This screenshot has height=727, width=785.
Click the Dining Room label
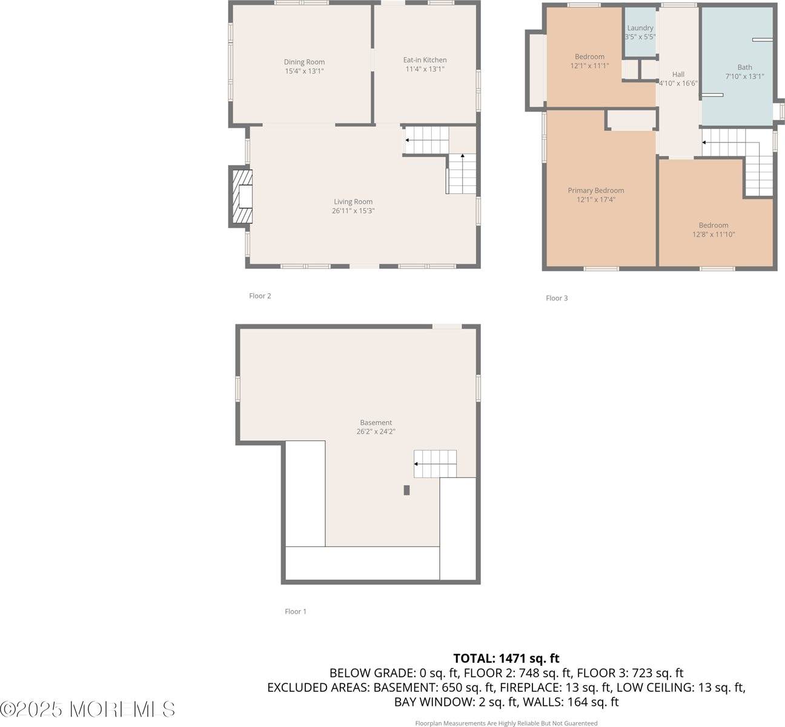(304, 62)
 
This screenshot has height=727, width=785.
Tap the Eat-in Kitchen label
(425, 60)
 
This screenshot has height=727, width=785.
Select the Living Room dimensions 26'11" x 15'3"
(353, 211)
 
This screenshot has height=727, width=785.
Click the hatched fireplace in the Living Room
(242, 198)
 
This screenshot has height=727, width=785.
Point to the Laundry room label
(640, 28)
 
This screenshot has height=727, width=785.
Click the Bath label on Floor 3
(744, 67)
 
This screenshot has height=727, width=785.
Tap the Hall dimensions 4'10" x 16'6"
(678, 84)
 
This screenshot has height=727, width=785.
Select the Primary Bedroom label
(595, 190)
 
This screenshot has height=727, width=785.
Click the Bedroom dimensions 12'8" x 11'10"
(714, 234)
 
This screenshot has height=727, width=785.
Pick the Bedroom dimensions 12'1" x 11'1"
(589, 65)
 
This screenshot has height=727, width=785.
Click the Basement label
(376, 422)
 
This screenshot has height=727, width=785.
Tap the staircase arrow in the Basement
(416, 464)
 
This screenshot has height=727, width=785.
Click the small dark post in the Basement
(407, 490)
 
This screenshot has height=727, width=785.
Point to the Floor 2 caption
(260, 296)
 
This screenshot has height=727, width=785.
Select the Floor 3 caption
(557, 298)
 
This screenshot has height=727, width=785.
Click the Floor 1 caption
(296, 611)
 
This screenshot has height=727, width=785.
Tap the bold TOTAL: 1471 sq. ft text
(506, 658)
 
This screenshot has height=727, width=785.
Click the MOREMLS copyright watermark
(88, 709)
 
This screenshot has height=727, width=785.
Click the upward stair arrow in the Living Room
(463, 156)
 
